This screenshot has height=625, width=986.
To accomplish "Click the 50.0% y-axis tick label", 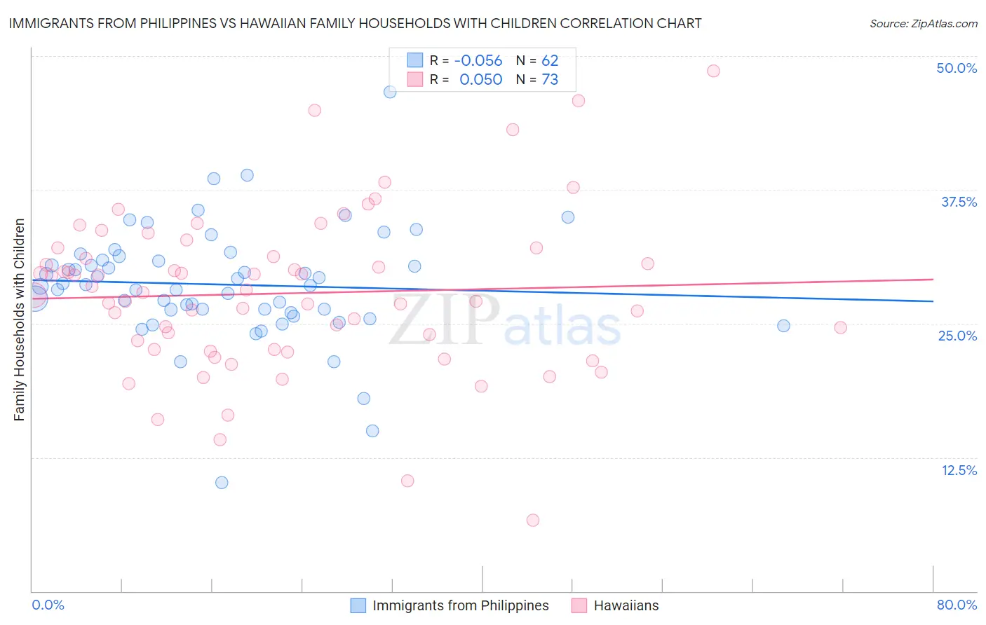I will tap(957, 68).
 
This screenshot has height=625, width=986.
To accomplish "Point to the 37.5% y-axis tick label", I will tap(959, 202).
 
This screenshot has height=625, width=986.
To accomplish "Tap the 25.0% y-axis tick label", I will tap(957, 336).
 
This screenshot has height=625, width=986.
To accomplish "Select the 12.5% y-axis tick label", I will tap(959, 470).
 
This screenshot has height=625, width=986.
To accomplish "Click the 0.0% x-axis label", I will tap(48, 605).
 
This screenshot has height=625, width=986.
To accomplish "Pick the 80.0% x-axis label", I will tap(957, 605).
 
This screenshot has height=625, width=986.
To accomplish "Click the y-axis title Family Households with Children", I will tap(20, 320).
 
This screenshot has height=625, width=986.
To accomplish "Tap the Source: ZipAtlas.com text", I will tap(923, 24).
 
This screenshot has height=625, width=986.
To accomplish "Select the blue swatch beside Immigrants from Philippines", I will tap(358, 605).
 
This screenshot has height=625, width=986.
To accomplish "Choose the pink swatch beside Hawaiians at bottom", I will tap(579, 605).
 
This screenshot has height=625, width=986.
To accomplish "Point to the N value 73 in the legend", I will tap(550, 80).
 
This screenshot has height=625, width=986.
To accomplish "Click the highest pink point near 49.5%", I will tap(713, 71).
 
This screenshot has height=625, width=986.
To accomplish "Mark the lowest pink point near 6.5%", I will tap(533, 520).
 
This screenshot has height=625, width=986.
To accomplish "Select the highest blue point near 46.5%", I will tap(390, 92).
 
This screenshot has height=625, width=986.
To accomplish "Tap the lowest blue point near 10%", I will tap(222, 482).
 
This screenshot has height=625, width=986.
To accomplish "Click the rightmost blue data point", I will tap(783, 326).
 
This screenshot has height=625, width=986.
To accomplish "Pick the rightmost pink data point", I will tap(840, 328).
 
